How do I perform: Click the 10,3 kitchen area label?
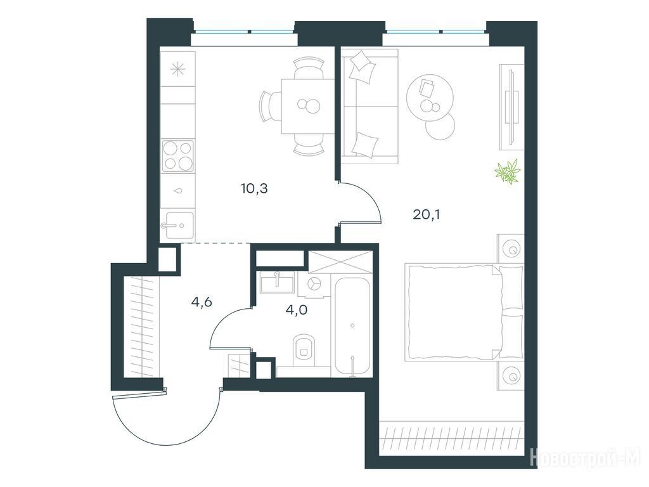coord(254,189)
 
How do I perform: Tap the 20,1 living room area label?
coord(427,214)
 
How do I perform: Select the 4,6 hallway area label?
coord(202,302)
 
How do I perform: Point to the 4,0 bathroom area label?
coord(297,309)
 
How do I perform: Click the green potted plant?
coord(508,171)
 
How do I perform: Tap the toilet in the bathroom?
coord(304,350)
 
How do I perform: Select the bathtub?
coord(352,327)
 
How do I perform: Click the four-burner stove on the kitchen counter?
coord(178,156)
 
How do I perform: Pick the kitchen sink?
coord(179,225)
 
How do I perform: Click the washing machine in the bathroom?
coord(316,284)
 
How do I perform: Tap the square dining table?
coord(308,106)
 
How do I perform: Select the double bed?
coord(464,311)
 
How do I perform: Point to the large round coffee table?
coord(430,98)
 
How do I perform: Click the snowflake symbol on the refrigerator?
coord(177,69)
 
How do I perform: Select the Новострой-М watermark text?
coord(585,457)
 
